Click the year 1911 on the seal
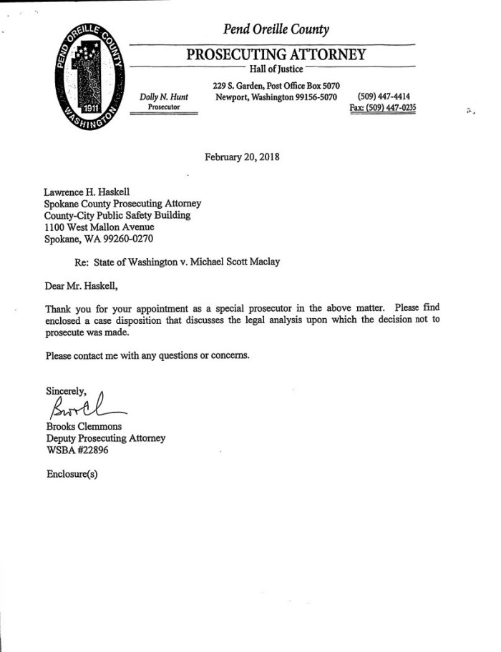[x=90, y=109]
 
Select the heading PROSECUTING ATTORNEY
[x=276, y=54]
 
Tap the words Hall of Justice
[x=276, y=69]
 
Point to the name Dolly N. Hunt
[x=164, y=97]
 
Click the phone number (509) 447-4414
[x=384, y=97]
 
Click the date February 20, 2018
[x=242, y=157]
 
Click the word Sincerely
[x=66, y=391]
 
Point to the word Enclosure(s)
[x=72, y=473]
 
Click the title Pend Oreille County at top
[x=276, y=29]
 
